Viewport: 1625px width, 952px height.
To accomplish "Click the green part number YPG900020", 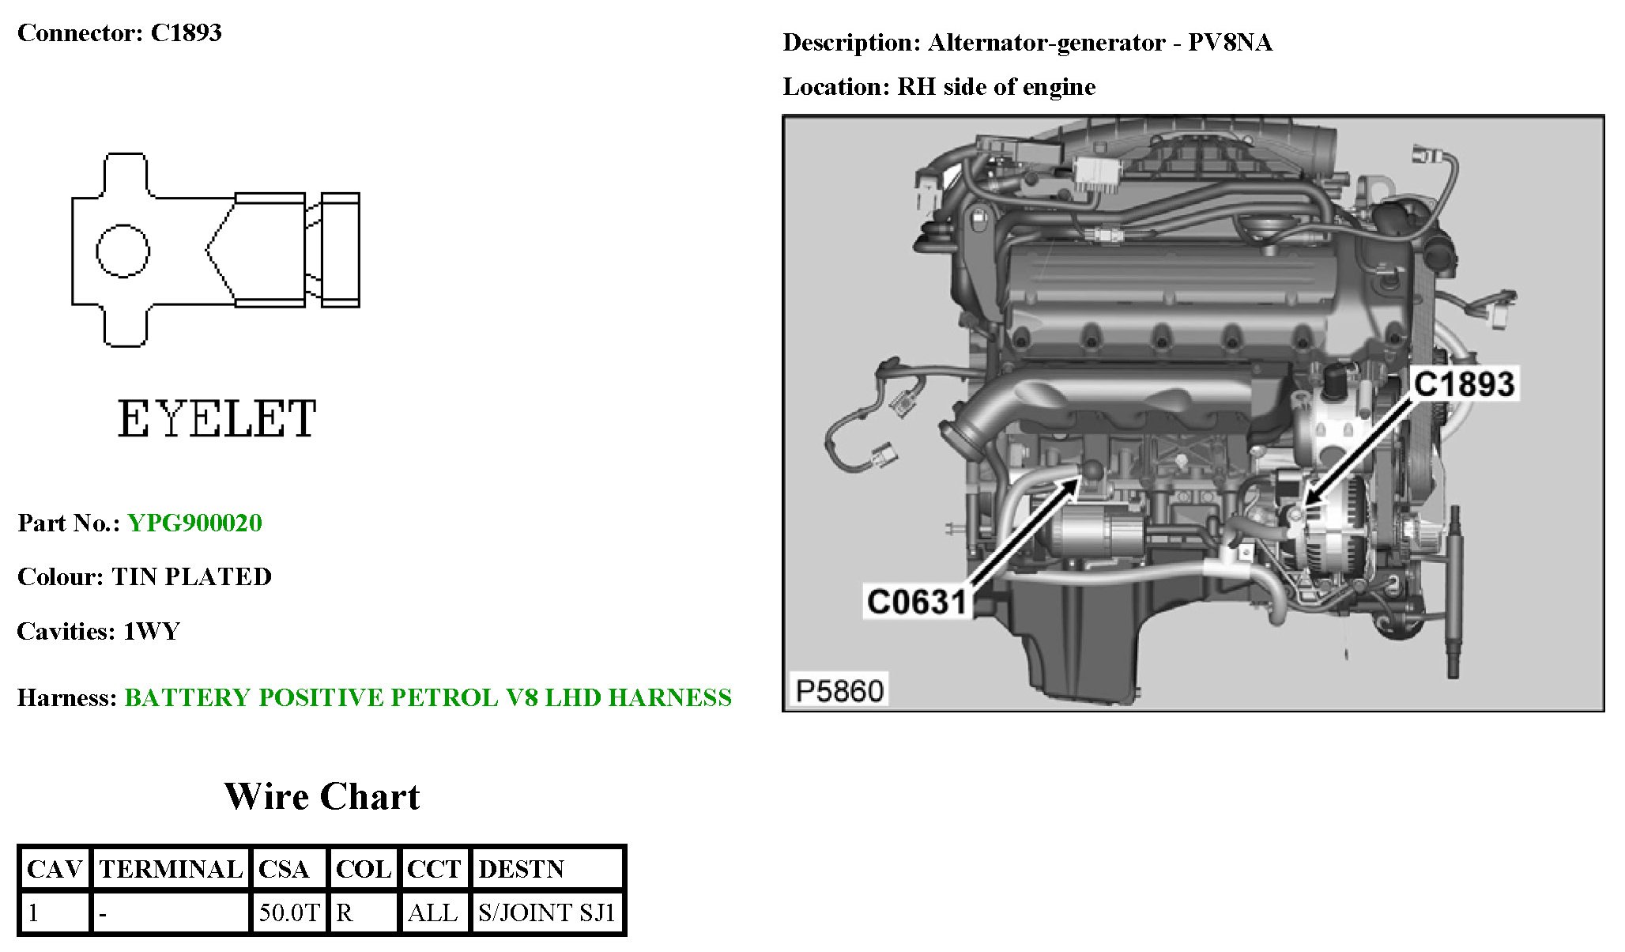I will [194, 523].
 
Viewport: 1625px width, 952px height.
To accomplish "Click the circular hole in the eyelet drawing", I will [123, 251].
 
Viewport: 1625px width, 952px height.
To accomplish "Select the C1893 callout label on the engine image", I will [1464, 384].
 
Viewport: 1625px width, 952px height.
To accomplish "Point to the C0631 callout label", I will [917, 602].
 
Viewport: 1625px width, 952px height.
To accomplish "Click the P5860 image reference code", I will [839, 690].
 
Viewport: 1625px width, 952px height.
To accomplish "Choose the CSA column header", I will [284, 869].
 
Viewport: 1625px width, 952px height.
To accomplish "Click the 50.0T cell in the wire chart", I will [289, 912].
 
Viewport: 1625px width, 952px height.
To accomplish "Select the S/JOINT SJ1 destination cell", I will [546, 912].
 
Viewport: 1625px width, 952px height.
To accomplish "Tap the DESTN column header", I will [522, 869].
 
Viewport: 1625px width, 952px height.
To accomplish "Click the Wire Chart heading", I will [322, 796].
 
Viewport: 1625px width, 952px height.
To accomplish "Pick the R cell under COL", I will [345, 912].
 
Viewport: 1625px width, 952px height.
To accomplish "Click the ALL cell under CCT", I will [432, 912].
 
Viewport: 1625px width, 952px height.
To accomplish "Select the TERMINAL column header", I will [171, 869].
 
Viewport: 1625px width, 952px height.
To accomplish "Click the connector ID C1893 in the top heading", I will [186, 32].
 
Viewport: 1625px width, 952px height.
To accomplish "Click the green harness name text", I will [428, 697].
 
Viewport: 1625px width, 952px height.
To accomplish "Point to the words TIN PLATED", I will [191, 576].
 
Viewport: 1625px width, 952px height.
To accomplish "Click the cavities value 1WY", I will [152, 631].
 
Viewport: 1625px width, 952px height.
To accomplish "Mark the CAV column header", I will [55, 869].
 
